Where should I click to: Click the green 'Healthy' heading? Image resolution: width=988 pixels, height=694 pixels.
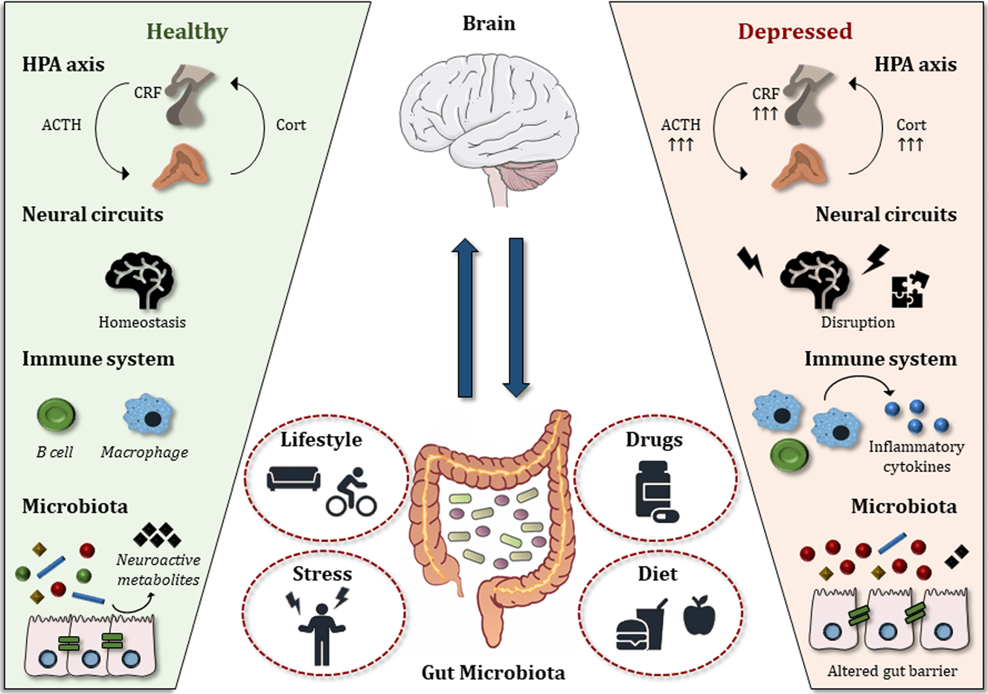[x=187, y=31]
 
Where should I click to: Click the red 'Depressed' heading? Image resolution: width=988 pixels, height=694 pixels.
[x=795, y=31]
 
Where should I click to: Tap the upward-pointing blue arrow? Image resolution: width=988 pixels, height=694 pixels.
[x=466, y=318]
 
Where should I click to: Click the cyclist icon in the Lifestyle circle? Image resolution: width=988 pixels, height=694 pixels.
[x=352, y=492]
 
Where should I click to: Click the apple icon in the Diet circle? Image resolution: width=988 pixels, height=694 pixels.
[x=699, y=615]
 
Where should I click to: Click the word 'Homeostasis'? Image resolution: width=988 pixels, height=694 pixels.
[x=142, y=322]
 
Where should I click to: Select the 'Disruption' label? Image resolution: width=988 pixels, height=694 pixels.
[x=858, y=322]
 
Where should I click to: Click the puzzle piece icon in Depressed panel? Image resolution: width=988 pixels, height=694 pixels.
[x=910, y=289]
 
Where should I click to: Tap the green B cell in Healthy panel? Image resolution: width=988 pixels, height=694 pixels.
[x=56, y=416]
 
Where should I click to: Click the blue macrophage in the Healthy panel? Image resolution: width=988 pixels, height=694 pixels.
[x=148, y=416]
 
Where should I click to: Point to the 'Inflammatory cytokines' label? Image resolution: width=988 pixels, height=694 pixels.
[x=917, y=457]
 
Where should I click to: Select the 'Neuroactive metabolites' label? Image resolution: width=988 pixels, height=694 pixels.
[x=158, y=570]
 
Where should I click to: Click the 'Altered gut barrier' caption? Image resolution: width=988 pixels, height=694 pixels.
[x=892, y=671]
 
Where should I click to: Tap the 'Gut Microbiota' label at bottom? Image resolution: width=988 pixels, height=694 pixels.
[x=493, y=672]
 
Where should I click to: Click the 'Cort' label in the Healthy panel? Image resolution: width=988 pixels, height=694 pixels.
[x=290, y=125]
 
